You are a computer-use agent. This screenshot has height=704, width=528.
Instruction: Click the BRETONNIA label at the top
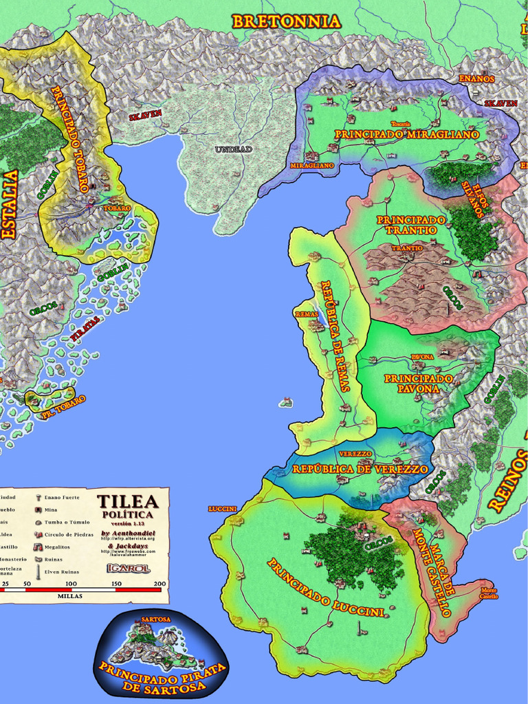[286, 22]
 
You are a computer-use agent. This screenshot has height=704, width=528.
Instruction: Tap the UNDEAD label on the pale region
[233, 149]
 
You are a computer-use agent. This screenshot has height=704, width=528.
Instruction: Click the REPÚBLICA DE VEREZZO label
[360, 469]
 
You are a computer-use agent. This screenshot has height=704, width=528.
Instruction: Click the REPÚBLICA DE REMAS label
[335, 335]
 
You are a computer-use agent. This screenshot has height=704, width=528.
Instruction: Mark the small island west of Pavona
[285, 402]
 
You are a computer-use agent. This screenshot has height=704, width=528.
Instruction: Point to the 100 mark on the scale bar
[71, 584]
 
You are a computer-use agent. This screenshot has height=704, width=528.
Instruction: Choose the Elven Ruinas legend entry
[61, 571]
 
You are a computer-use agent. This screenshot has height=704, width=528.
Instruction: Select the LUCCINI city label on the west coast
[222, 509]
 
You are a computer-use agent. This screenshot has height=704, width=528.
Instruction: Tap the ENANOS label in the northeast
[476, 79]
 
